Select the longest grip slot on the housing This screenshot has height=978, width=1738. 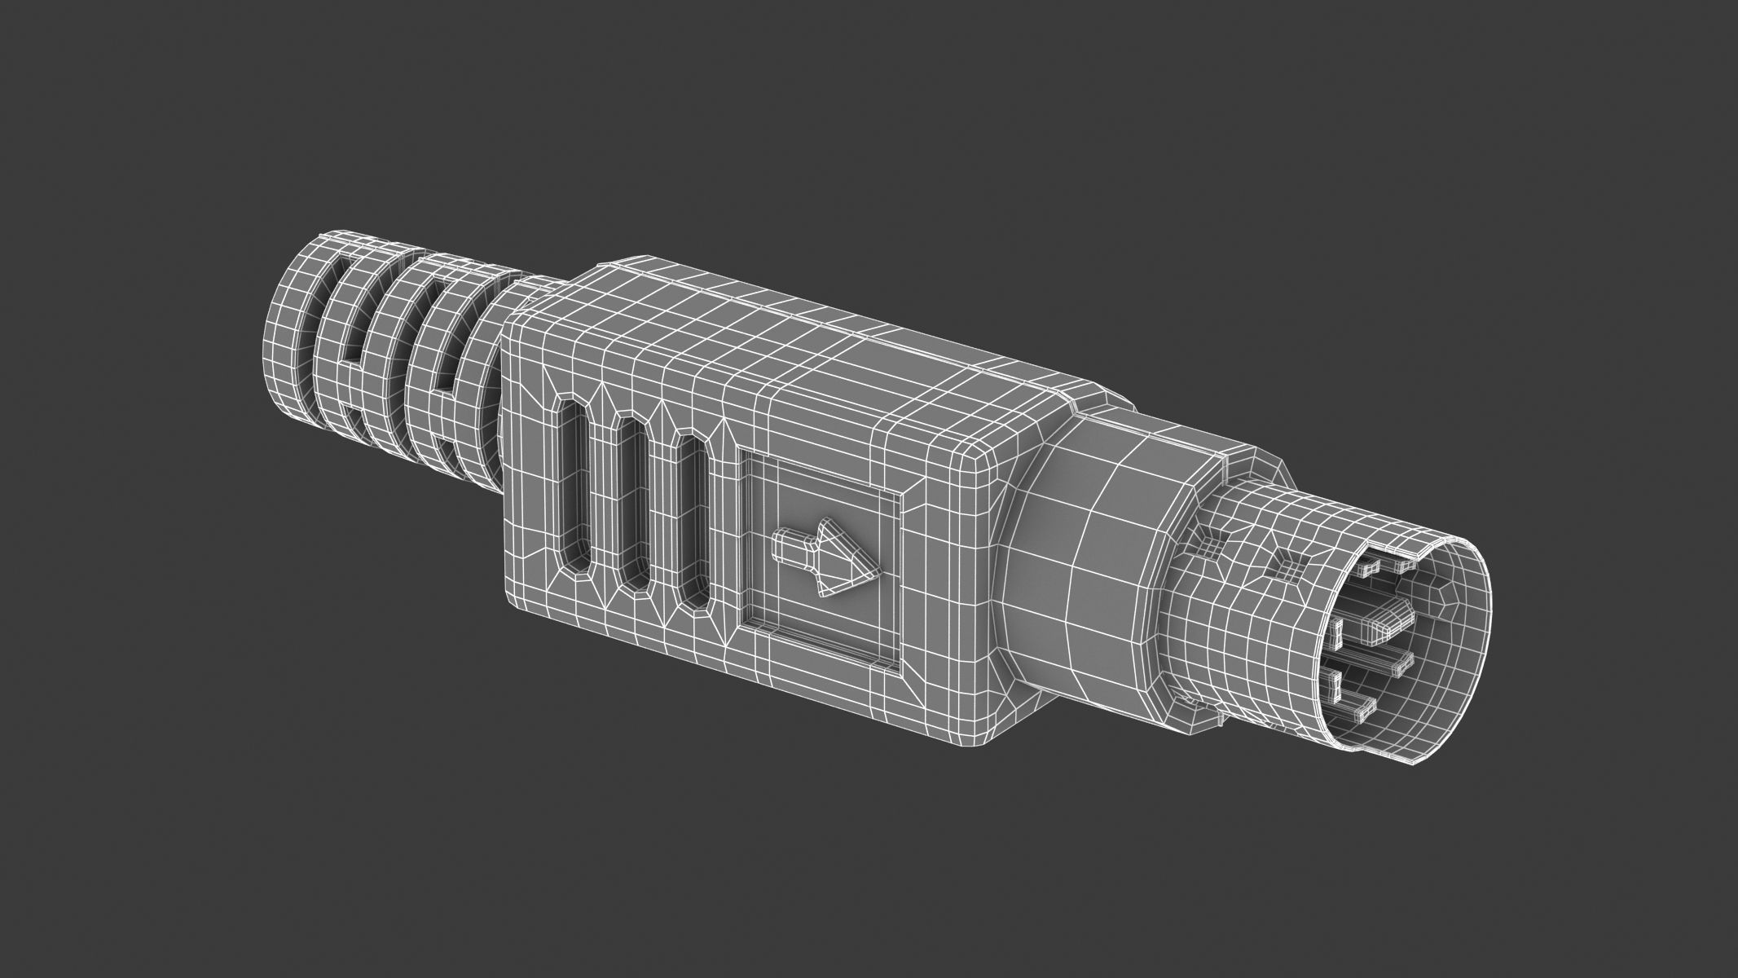coord(575,489)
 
